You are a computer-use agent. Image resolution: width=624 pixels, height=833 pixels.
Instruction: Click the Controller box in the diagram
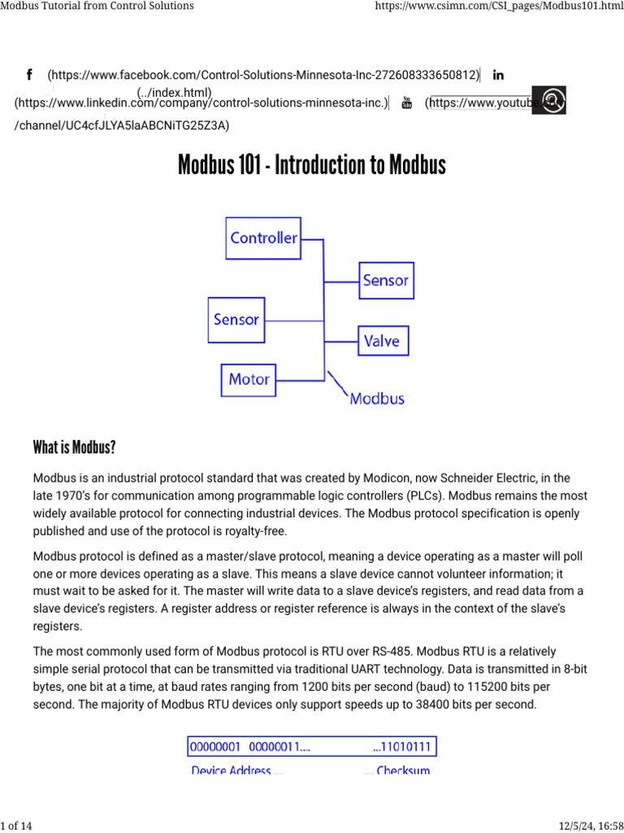264,238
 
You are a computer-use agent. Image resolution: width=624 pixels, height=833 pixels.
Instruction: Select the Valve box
383,341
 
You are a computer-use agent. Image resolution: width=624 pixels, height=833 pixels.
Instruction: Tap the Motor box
249,379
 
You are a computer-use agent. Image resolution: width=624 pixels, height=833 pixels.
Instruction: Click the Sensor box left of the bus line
236,320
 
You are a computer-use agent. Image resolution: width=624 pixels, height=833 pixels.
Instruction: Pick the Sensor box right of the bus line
385,281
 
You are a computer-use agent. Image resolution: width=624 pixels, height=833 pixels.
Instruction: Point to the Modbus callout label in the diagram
376,399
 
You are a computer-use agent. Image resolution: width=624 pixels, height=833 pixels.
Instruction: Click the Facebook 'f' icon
29,75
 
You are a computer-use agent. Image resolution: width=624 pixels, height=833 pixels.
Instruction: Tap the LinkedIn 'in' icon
498,75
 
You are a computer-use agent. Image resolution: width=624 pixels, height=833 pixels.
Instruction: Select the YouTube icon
407,103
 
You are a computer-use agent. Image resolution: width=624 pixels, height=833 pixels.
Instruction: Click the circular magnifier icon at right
553,101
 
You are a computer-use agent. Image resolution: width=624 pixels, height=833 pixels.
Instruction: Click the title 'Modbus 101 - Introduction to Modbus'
312,166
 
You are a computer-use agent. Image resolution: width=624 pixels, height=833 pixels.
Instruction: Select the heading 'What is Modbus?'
75,447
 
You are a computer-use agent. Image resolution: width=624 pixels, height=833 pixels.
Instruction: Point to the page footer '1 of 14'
16,826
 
